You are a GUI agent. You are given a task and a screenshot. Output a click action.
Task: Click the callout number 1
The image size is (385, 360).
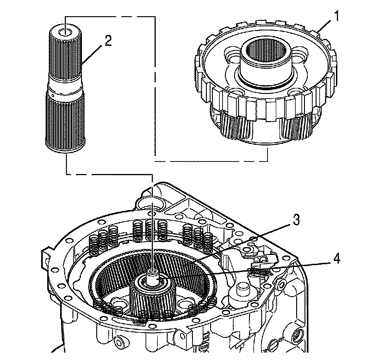tap(338, 16)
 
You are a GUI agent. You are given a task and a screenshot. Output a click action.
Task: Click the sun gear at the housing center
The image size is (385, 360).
tap(153, 296)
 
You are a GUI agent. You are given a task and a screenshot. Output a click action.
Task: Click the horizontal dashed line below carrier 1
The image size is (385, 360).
tap(211, 161)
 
